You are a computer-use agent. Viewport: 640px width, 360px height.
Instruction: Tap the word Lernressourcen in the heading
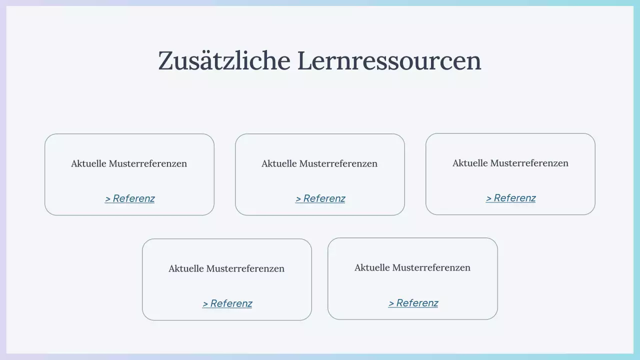389,60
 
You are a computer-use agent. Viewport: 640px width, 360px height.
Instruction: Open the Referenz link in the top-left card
133,198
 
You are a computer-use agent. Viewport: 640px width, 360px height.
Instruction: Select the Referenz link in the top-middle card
324,198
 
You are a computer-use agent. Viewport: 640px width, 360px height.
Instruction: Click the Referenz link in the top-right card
514,198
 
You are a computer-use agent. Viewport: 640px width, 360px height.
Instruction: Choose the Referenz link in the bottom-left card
231,303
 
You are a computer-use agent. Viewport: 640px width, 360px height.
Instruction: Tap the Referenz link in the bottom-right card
417,303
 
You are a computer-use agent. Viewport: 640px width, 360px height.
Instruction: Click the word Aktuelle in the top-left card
88,163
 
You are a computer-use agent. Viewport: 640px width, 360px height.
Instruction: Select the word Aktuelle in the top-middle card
279,163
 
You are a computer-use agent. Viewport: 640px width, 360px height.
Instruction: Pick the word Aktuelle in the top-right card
470,163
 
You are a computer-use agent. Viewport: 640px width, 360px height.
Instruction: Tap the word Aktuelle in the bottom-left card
186,268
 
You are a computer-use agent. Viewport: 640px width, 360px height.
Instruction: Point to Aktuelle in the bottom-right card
372,267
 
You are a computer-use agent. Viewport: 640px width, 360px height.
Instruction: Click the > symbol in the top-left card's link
107,199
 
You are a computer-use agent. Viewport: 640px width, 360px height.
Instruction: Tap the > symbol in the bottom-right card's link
391,303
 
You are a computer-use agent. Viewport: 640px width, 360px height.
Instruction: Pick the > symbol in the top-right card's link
488,198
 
